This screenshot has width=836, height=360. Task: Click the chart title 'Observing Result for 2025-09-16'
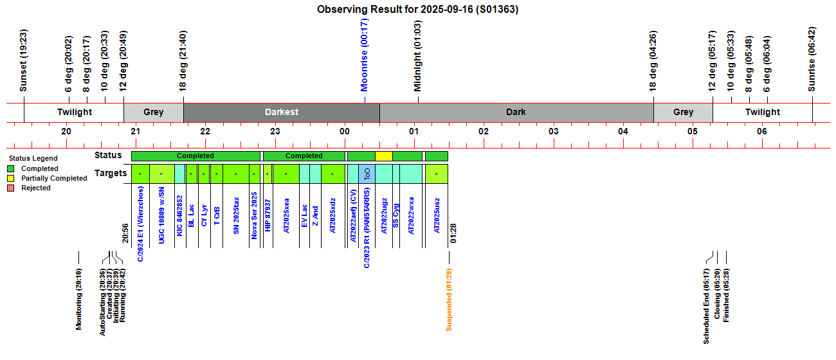[x=417, y=10]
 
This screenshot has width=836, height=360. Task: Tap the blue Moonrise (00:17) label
[x=365, y=55]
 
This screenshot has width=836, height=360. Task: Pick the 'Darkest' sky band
[x=281, y=112]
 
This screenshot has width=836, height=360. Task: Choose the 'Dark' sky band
[x=516, y=112]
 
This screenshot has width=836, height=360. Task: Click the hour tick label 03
[x=553, y=132]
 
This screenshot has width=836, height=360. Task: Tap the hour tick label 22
[x=205, y=132]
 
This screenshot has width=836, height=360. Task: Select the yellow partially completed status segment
[x=383, y=156]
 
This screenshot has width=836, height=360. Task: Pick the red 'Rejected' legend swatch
[x=11, y=188]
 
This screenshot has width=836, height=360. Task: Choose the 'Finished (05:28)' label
[x=727, y=295]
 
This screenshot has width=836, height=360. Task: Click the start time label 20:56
[x=126, y=234]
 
